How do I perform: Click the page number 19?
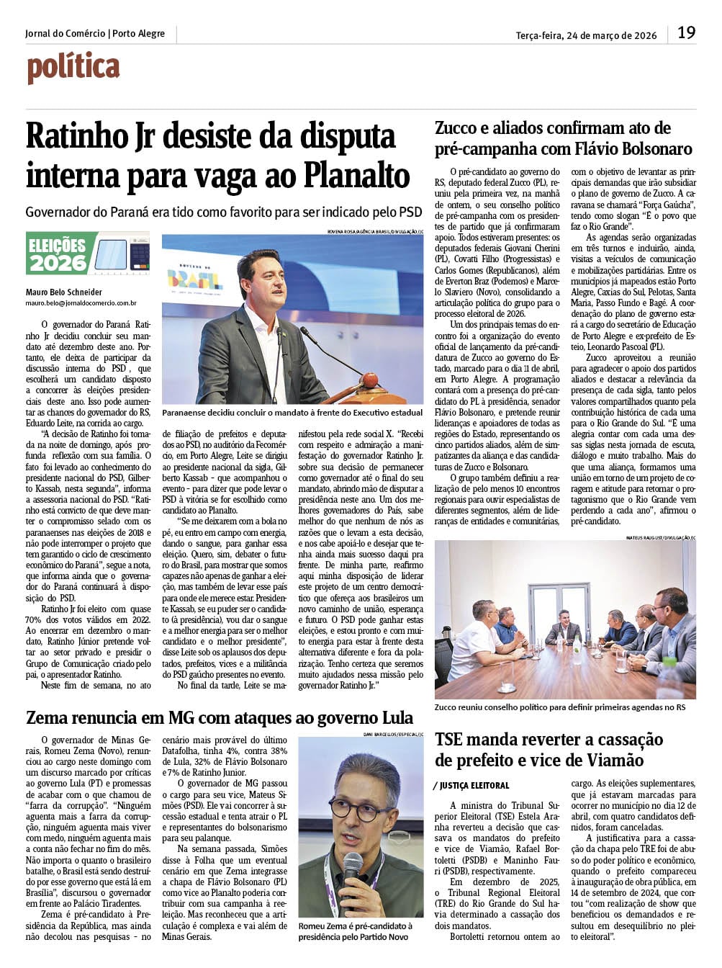686,32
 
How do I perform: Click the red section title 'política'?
73,68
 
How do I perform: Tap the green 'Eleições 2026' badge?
58,254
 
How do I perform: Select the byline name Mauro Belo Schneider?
63,292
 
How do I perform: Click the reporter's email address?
81,304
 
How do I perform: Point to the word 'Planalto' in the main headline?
356,175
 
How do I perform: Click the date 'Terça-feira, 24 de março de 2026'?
586,35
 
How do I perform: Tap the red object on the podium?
369,379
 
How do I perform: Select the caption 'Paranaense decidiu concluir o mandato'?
292,413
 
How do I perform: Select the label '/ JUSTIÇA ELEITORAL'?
472,786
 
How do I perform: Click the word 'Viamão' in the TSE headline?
610,760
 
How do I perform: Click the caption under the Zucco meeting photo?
559,707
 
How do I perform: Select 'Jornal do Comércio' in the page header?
65,34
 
